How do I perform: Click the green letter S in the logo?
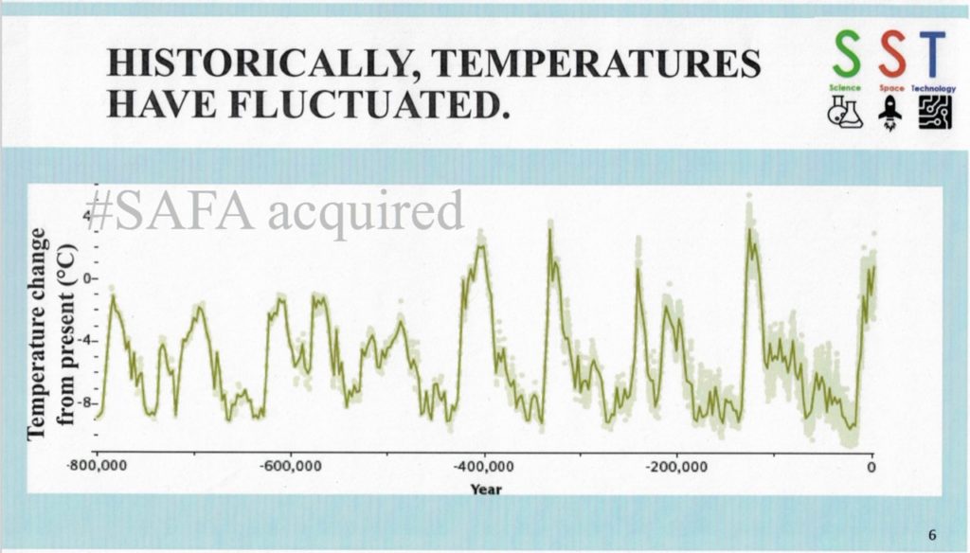tap(844, 56)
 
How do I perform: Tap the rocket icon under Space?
tap(890, 114)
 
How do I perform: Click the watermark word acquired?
tap(365, 213)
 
